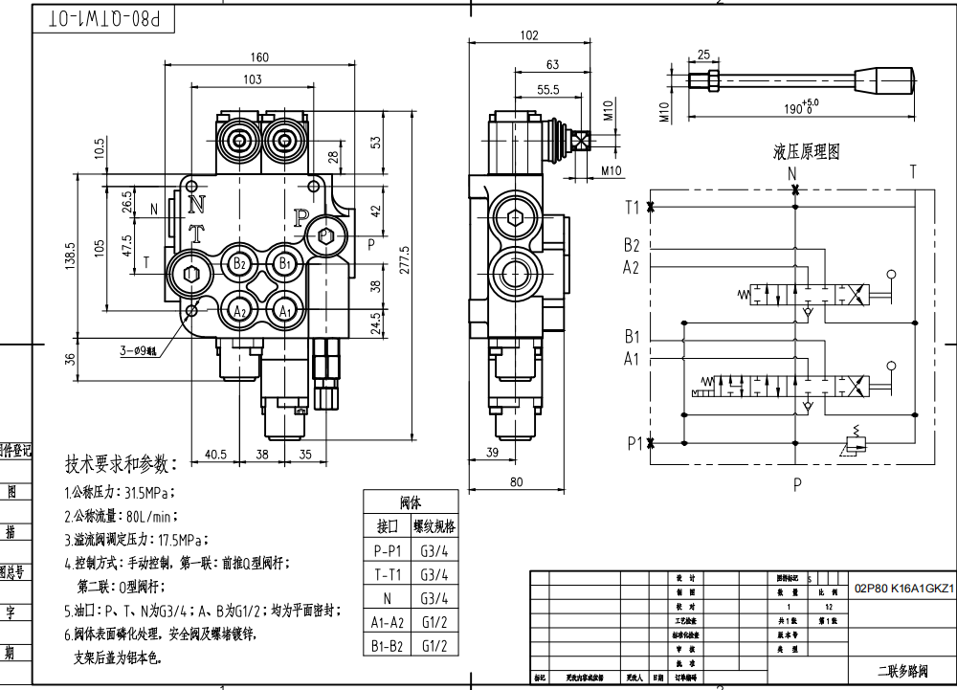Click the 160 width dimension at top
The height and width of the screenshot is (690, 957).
click(259, 56)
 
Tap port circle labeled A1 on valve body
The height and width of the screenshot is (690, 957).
click(283, 310)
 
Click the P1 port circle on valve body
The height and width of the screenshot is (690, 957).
click(325, 234)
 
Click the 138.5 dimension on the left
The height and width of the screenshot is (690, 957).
click(69, 256)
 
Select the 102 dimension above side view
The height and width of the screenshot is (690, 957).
click(527, 35)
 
